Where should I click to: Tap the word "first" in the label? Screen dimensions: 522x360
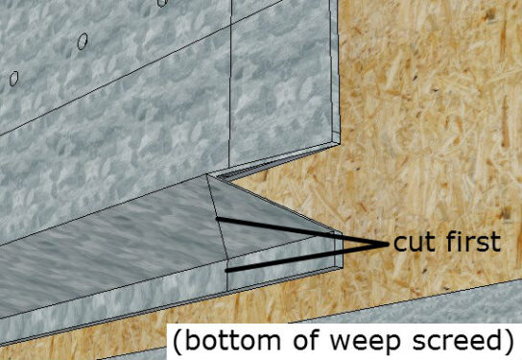[x=469, y=242]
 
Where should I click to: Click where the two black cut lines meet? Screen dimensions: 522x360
[x=383, y=244]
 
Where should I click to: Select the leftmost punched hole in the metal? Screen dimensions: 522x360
[x=13, y=77]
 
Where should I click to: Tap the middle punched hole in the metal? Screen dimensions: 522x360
[x=83, y=41]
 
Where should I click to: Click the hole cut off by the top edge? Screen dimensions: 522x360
[x=153, y=3]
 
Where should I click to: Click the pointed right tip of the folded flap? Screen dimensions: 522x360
[x=339, y=231]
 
